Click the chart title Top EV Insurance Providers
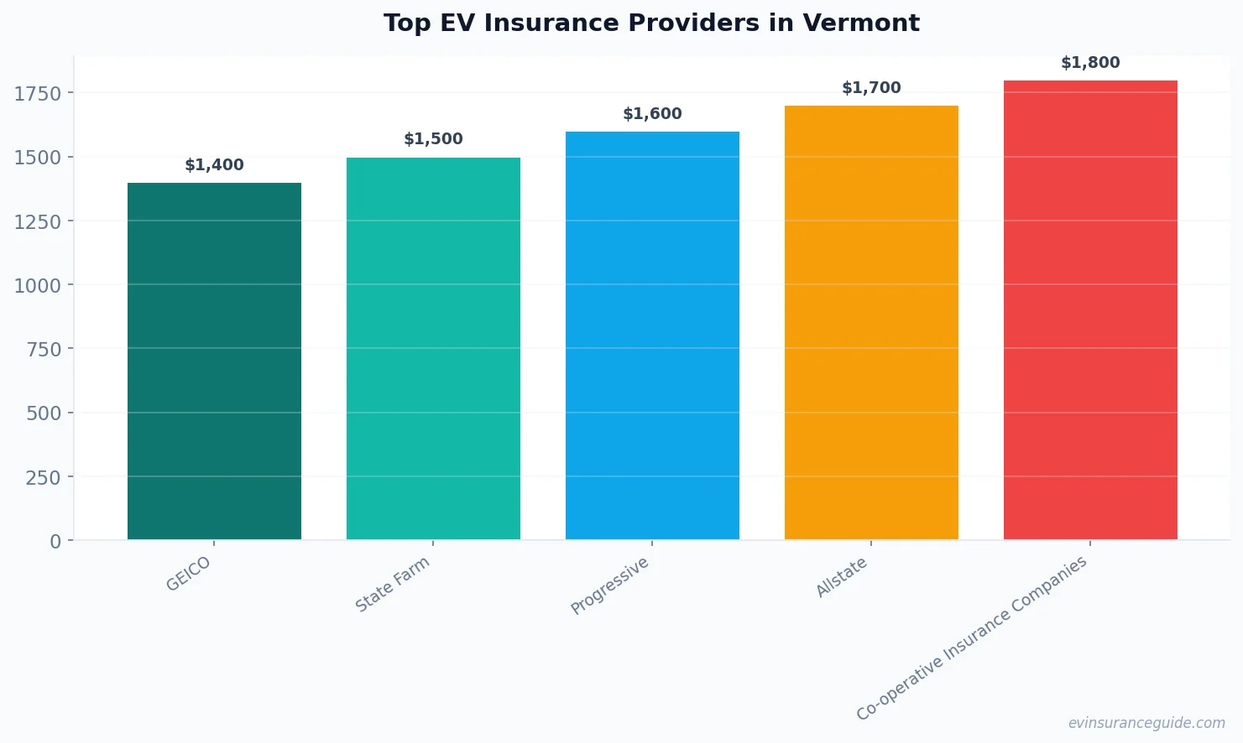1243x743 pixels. [x=651, y=23]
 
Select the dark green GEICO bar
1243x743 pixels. [x=214, y=361]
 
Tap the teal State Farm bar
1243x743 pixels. [x=433, y=348]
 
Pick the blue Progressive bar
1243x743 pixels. [x=652, y=335]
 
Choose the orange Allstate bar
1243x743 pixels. [x=871, y=323]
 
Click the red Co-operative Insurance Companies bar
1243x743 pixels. [x=1090, y=310]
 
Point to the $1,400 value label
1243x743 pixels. [x=214, y=165]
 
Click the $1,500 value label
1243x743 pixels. [x=433, y=139]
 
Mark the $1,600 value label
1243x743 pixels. [x=652, y=114]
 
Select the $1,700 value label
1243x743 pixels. [x=871, y=88]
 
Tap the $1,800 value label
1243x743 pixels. [x=1090, y=63]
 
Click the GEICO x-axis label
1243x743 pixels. [x=188, y=574]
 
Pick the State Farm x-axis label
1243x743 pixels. [x=392, y=585]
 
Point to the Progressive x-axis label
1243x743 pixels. [x=609, y=586]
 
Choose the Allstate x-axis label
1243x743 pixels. [x=841, y=578]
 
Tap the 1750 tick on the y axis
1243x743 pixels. [x=38, y=94]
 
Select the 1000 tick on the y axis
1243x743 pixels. [x=38, y=286]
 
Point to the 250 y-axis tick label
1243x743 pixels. [x=44, y=477]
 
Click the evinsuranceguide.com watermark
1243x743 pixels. [x=1146, y=723]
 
